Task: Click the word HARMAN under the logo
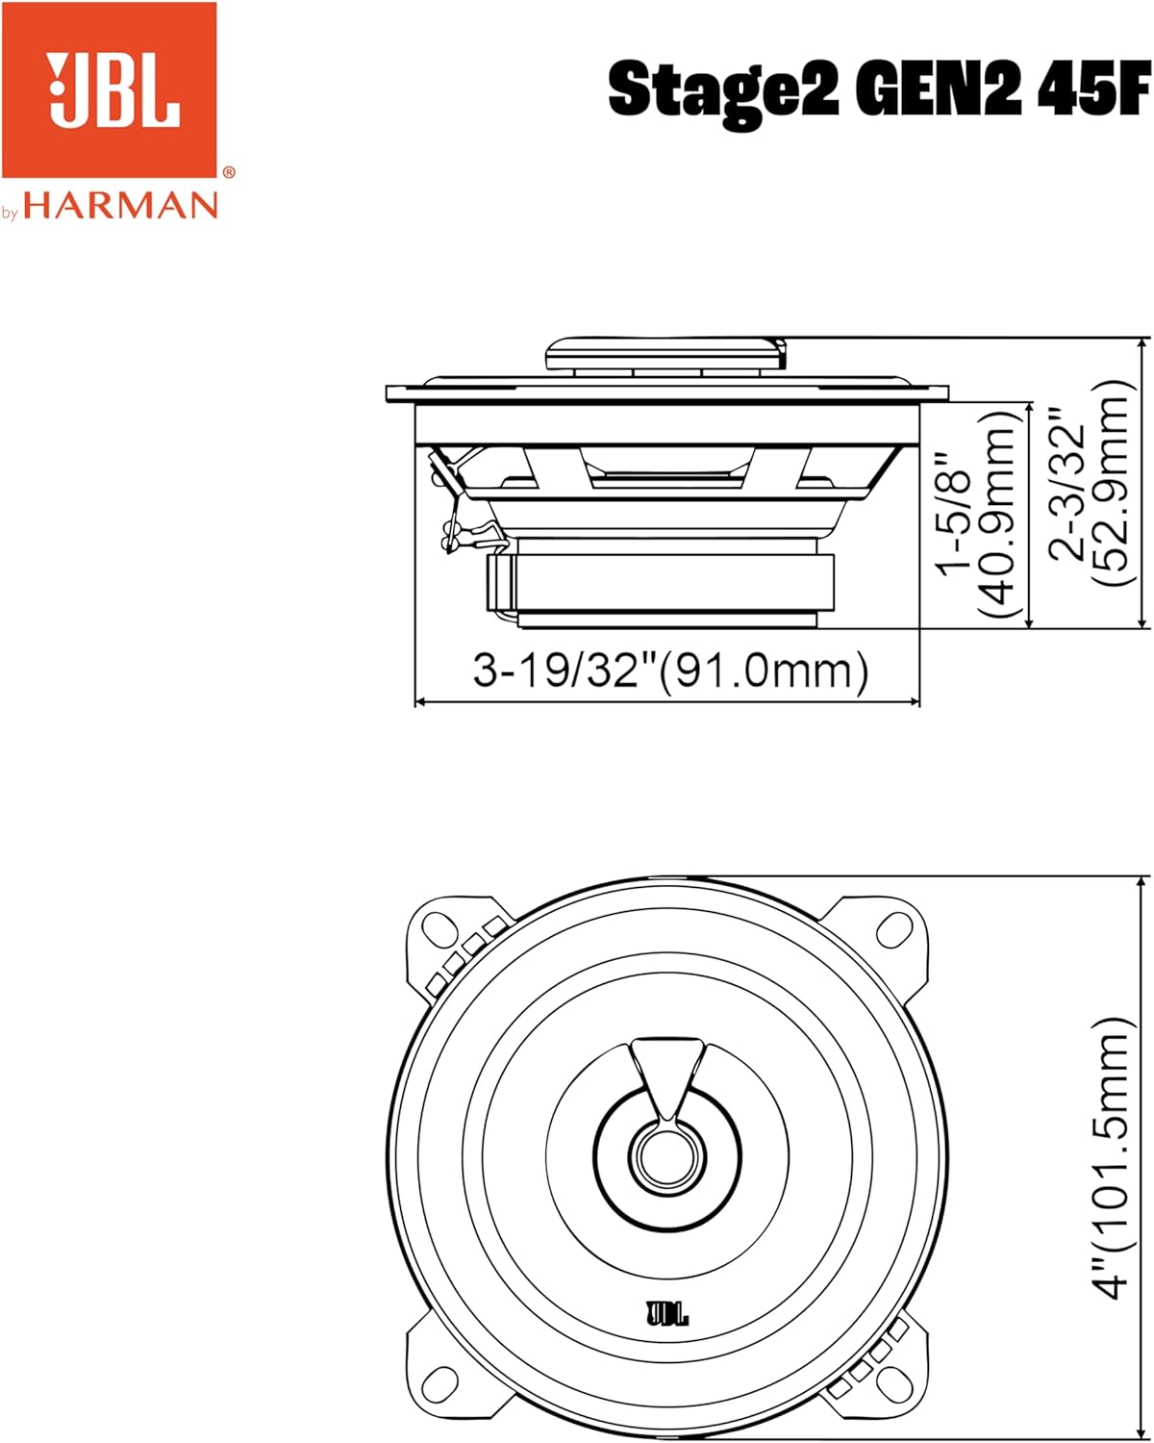point(121,205)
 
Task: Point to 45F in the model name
point(1092,89)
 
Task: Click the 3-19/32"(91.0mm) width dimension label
point(670,670)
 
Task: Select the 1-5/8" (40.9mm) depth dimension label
point(978,514)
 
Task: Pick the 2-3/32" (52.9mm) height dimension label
point(1087,483)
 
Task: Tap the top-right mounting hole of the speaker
point(893,930)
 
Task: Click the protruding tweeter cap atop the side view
point(664,353)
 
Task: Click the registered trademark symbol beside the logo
point(228,173)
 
